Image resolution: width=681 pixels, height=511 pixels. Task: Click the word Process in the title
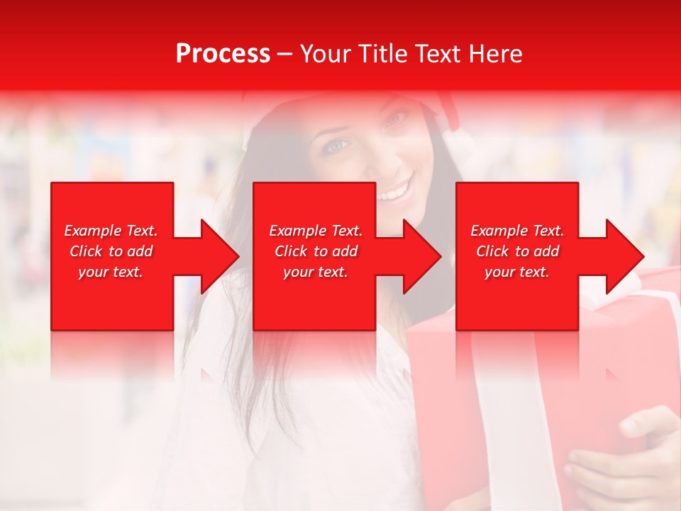223,53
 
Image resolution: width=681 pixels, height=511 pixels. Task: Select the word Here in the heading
496,53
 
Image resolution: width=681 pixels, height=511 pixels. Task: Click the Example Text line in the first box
111,231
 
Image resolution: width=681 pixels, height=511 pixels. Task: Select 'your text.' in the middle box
316,272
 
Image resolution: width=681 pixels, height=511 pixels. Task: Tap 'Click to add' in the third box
517,251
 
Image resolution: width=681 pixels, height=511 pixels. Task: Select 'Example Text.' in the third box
517,231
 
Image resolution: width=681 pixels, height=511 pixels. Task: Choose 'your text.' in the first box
111,272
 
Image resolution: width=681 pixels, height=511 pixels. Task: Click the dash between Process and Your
284,54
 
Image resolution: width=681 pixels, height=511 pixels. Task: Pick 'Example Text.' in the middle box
316,231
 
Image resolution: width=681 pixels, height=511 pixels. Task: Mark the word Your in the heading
326,53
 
